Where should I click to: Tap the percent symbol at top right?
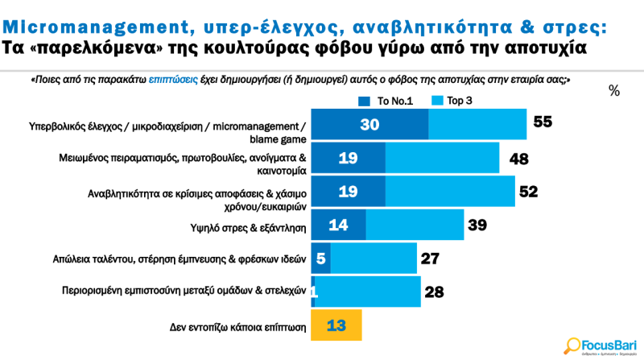[614, 91]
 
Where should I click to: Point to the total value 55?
[542, 123]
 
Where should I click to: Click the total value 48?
[518, 159]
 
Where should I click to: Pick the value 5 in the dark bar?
[321, 259]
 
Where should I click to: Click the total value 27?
[430, 259]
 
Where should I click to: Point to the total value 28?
[435, 292]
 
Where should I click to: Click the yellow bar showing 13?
[336, 325]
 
